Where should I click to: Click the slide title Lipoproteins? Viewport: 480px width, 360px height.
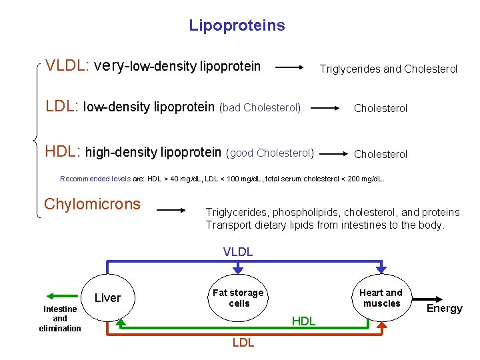(237, 26)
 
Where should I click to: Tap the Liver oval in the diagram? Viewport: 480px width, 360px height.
(107, 297)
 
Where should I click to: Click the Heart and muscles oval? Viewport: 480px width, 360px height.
(381, 297)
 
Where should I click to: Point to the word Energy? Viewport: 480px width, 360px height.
(444, 308)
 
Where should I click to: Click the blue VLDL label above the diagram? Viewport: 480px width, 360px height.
(238, 251)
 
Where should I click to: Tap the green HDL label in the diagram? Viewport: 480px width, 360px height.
(303, 321)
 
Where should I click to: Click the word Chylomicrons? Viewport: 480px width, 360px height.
(92, 204)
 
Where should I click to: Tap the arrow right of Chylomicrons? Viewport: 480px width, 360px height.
(171, 210)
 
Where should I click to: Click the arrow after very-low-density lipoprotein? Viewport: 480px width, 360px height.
(289, 67)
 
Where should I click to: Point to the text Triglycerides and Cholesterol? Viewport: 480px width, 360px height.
(389, 69)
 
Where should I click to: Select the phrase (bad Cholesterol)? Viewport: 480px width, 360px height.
(260, 107)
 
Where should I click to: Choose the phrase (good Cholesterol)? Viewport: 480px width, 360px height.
(271, 153)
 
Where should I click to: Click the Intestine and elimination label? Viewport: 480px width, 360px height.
(60, 319)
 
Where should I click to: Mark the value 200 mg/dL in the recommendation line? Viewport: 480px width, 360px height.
(368, 179)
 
